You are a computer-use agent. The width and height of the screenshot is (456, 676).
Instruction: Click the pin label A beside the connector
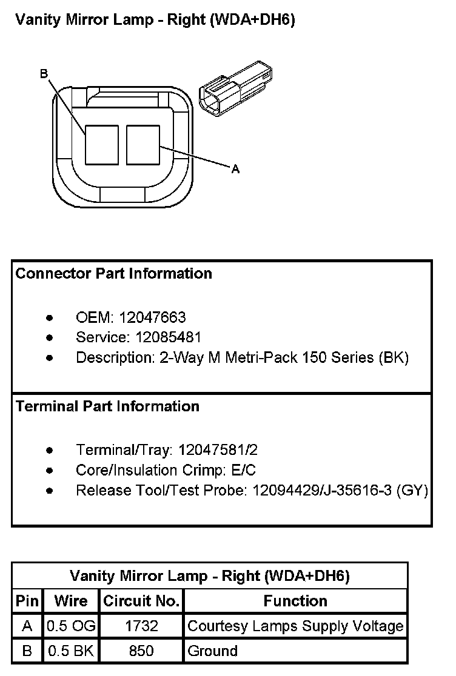click(x=235, y=169)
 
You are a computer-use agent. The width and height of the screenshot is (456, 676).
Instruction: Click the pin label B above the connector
click(x=44, y=74)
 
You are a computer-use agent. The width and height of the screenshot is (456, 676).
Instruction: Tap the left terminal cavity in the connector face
click(x=102, y=145)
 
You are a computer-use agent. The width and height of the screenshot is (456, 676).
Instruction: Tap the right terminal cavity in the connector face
click(x=143, y=145)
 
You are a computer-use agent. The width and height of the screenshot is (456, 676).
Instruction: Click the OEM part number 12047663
click(x=152, y=318)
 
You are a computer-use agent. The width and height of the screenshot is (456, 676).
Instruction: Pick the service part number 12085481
click(x=168, y=337)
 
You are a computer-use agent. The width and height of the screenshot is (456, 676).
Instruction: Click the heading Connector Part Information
click(x=113, y=273)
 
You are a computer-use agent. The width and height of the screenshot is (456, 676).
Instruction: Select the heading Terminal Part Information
click(x=107, y=406)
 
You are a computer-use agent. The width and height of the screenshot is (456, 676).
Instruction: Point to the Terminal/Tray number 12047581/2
click(x=218, y=450)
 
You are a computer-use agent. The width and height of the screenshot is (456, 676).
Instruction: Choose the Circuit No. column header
click(x=141, y=601)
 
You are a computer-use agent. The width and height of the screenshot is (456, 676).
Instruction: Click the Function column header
click(x=295, y=601)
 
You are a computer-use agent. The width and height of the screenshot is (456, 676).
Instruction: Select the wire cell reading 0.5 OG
click(x=71, y=626)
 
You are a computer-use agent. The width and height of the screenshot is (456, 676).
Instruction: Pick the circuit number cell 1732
click(x=141, y=626)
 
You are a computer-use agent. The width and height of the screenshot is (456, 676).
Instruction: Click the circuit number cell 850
click(x=141, y=651)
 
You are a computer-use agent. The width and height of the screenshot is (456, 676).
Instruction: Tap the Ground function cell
click(x=213, y=651)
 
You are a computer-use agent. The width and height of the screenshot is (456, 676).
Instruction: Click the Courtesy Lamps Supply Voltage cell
click(x=295, y=626)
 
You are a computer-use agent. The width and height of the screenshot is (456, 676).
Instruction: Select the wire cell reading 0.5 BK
click(x=71, y=651)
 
